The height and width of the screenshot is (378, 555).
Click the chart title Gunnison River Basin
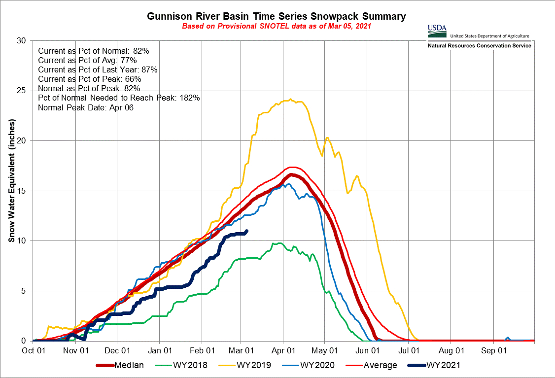[x=277, y=16]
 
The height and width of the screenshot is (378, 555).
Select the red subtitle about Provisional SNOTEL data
[x=277, y=26]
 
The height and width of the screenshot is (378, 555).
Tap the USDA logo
[x=437, y=31]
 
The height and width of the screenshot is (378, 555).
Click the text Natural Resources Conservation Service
[x=479, y=46]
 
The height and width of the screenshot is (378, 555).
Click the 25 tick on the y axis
[x=22, y=91]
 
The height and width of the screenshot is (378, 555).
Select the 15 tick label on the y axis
[x=22, y=191]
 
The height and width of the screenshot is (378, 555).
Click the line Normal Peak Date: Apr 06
[x=86, y=107]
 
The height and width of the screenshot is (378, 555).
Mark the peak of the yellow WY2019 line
[x=290, y=100]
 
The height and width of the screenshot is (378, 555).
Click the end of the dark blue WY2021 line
[x=246, y=231]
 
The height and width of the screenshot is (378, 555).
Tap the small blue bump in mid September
[x=508, y=338]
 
